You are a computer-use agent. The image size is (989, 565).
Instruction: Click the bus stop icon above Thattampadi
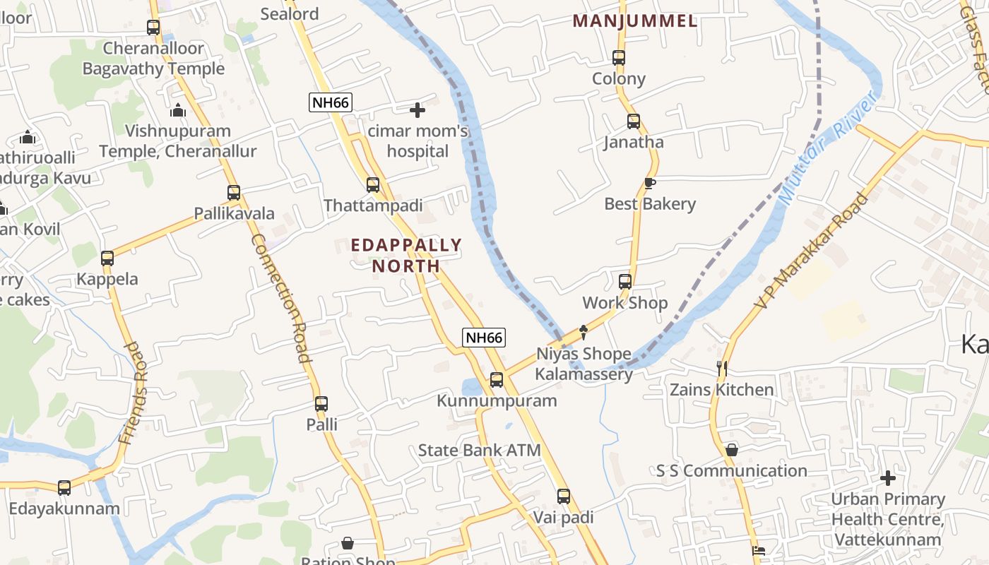pos(373,185)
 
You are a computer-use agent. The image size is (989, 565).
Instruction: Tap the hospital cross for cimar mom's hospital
pos(417,110)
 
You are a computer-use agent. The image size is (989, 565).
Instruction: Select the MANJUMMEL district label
pos(634,21)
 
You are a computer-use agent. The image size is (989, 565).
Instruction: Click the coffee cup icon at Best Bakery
pos(650,184)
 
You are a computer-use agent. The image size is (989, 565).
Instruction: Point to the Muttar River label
pos(828,148)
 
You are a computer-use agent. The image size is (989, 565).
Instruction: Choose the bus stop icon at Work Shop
pos(625,282)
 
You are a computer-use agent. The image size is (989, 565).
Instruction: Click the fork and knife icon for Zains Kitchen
pos(721,369)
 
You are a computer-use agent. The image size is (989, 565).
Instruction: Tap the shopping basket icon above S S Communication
pos(732,450)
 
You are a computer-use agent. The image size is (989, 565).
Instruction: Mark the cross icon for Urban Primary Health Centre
pos(887,478)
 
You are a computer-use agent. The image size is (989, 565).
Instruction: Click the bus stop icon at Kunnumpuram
pos(497,380)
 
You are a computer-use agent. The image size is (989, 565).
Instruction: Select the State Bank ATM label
pos(479,450)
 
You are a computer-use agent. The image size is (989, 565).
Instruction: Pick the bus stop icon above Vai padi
pos(563,496)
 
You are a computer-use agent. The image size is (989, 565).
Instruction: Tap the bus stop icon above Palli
pos(321,404)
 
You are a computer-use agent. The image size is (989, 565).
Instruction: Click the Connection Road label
pos(281,298)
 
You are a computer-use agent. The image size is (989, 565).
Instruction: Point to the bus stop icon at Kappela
pos(107,258)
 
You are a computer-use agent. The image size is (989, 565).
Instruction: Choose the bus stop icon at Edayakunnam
pos(64,487)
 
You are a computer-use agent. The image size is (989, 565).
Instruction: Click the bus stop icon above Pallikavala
pos(234,193)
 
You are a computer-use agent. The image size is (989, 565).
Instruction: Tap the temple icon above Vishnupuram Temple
pos(178,110)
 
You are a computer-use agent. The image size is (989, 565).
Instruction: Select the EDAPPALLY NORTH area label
pos(406,256)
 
